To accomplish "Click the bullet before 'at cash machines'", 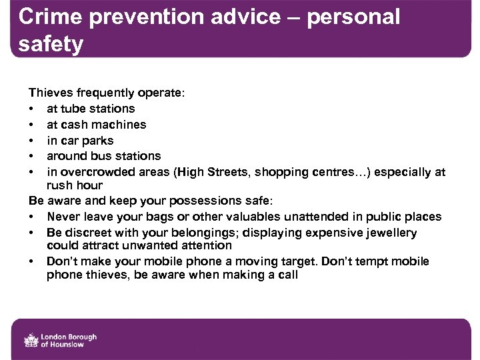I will point(31,125).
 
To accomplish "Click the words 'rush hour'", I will point(75,185).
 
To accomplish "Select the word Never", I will point(65,217).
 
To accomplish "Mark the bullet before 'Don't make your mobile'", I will point(31,261).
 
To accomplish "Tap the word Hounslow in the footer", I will point(73,344).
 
